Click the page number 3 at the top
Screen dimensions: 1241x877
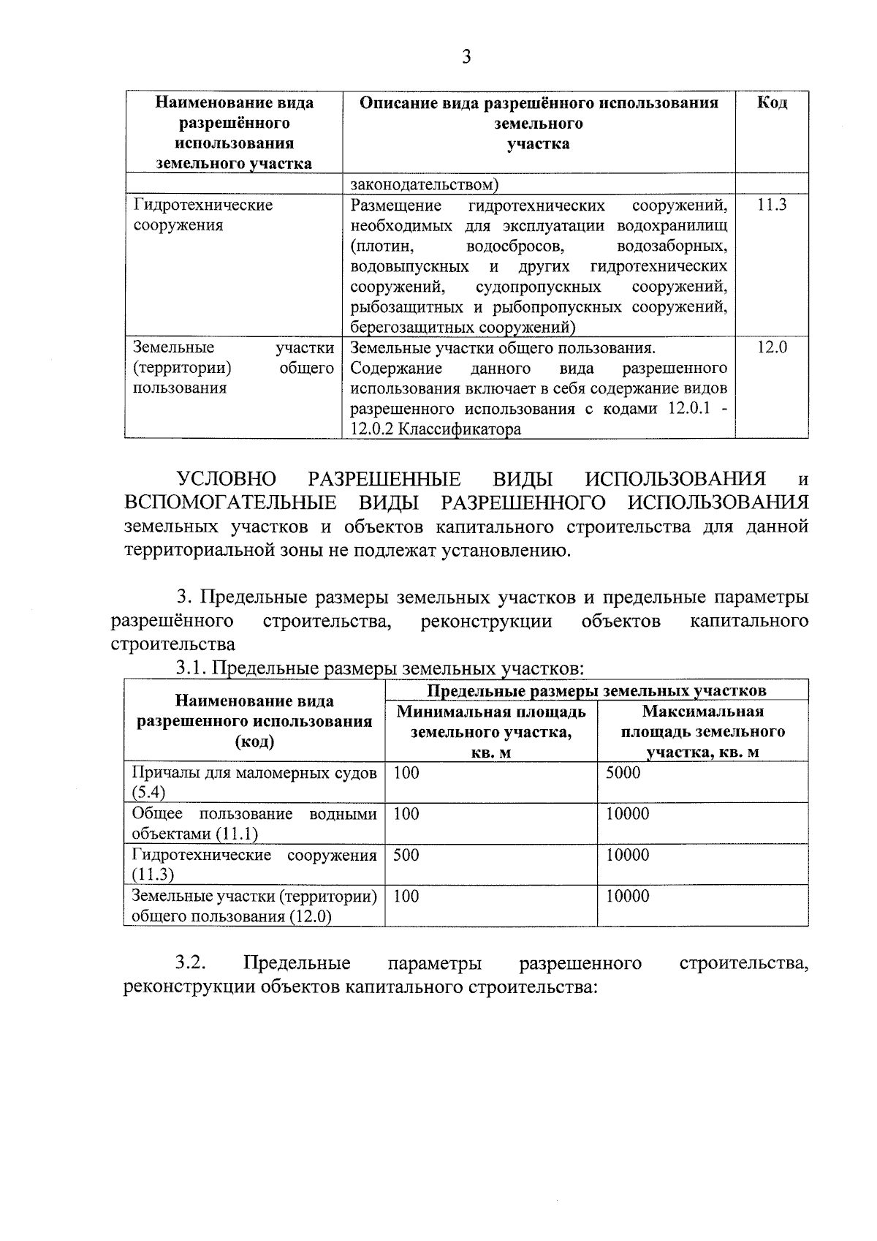[466, 57]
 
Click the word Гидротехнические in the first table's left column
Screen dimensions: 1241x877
[202, 205]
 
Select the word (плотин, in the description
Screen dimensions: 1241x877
[381, 246]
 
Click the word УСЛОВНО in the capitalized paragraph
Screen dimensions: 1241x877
[227, 480]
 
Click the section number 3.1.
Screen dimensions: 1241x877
[191, 668]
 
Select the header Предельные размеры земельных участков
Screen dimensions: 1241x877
[596, 690]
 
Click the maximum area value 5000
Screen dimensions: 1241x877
[623, 773]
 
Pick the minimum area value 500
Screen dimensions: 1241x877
[406, 855]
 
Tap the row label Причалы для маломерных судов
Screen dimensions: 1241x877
[254, 773]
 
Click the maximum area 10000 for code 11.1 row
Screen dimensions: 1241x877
[627, 814]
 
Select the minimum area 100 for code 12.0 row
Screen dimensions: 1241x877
[406, 896]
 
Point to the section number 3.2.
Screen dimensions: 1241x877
[189, 963]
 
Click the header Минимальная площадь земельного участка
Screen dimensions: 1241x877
[491, 732]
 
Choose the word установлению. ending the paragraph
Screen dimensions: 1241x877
[506, 550]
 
